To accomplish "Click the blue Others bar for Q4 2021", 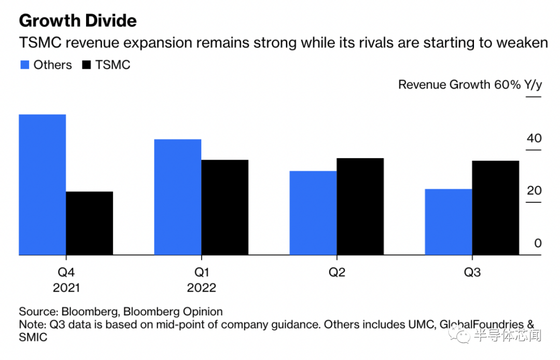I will [x=42, y=185].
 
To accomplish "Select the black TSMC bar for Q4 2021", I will [x=89, y=223].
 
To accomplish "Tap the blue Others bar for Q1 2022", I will [x=177, y=197].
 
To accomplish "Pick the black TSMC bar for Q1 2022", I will [x=225, y=207].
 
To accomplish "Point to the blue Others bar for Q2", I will [x=313, y=213].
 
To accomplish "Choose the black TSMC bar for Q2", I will [x=360, y=206].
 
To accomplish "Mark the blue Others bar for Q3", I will [x=448, y=222].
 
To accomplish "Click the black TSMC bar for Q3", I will [x=495, y=208].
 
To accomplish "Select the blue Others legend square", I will [x=24, y=65].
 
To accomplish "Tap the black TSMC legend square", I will [x=87, y=65].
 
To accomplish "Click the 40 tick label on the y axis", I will [x=534, y=138].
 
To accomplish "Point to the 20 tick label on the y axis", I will [x=534, y=190].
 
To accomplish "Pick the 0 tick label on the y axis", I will [x=538, y=243].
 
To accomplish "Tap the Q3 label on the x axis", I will [x=471, y=272].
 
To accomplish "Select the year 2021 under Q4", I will [x=66, y=288].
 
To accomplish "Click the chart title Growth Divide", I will [x=78, y=20].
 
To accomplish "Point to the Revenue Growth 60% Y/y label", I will [x=469, y=85].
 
